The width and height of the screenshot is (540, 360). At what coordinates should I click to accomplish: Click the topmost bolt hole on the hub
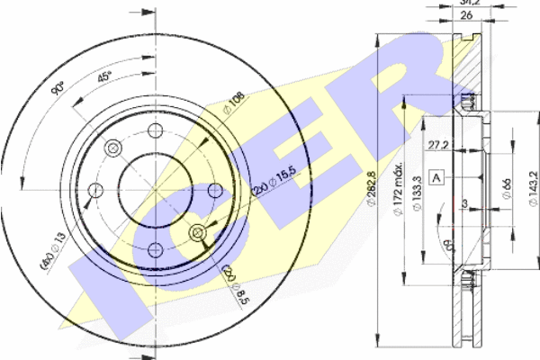click(155, 129)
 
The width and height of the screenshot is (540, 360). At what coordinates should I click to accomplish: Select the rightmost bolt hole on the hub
click(215, 190)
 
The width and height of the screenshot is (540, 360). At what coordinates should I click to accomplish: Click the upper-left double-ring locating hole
click(112, 148)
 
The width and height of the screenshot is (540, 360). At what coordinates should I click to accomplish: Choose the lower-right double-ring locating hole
click(198, 233)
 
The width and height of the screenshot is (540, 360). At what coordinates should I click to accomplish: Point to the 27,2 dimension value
click(438, 144)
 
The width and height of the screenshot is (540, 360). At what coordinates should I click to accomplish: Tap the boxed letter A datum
click(436, 177)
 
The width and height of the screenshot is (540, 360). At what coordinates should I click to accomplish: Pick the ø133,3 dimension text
click(417, 216)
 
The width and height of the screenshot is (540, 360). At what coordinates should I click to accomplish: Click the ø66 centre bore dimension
click(507, 187)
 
